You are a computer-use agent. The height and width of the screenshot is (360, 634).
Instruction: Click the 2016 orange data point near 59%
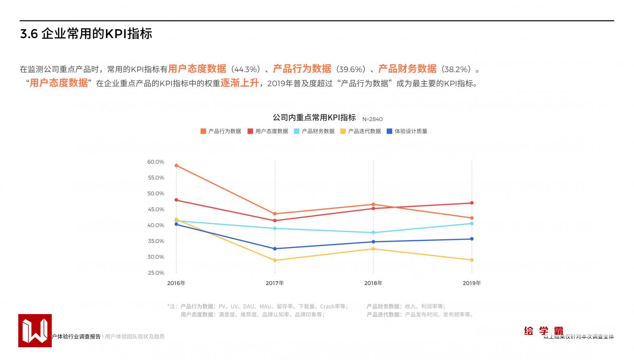pos(176,166)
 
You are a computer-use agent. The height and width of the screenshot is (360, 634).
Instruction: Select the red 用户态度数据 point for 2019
pos(472,203)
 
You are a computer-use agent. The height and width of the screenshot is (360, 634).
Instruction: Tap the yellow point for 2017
pos(275,260)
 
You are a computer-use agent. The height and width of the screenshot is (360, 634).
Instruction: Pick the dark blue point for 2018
pos(373,242)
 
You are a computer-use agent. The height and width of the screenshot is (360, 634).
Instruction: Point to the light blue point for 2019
pos(472,224)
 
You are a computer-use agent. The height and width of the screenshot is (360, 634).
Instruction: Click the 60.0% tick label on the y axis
pos(156,162)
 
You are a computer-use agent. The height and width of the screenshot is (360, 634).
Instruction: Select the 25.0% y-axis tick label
pos(156,273)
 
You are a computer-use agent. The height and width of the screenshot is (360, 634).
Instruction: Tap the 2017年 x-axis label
pos(275,283)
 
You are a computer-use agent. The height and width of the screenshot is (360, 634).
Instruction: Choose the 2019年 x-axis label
pos(472,283)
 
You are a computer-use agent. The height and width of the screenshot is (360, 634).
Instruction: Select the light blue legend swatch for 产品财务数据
pos(297,131)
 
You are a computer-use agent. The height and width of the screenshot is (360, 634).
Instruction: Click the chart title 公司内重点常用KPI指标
pos(314,118)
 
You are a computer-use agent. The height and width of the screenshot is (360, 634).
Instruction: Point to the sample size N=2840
pos(372,119)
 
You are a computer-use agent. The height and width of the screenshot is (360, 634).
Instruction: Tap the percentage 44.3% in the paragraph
pos(245,69)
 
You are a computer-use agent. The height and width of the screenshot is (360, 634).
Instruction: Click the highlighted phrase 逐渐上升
pos(240,83)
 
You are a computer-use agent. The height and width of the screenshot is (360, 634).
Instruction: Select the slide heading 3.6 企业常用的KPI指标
pos(86,34)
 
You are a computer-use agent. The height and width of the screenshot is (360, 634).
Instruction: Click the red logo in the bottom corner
pos(35,331)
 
